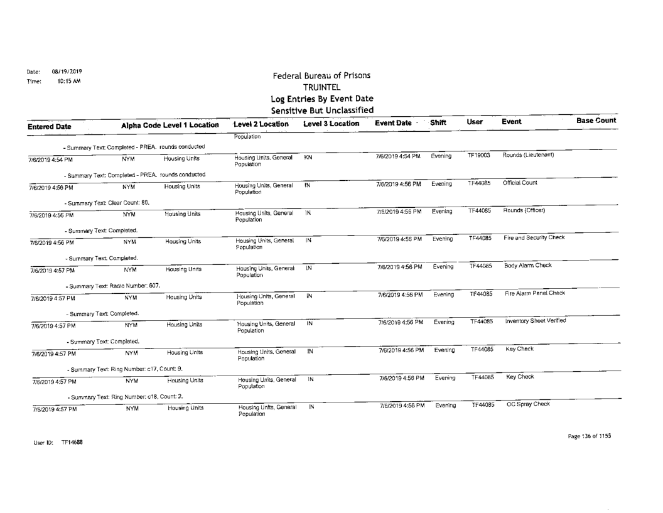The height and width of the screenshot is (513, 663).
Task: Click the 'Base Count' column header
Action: coord(596,120)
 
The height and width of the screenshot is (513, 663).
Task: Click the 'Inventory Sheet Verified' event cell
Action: coord(534,321)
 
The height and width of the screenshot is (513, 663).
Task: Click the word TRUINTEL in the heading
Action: coord(321,88)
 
